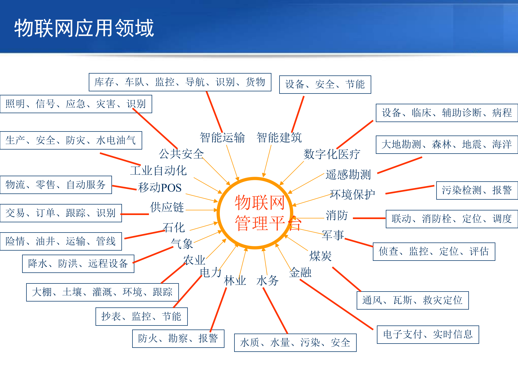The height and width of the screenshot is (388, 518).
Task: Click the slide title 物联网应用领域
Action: [x=84, y=28]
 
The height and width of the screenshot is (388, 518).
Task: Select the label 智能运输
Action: [x=222, y=137]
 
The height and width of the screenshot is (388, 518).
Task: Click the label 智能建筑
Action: [x=279, y=137]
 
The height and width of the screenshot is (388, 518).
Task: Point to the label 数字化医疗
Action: [x=332, y=154]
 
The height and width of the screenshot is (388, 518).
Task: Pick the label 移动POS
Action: [x=160, y=188]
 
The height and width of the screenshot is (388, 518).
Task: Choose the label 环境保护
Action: [x=352, y=194]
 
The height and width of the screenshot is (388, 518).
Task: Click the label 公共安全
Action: [x=181, y=154]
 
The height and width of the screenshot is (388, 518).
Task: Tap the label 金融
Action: [x=300, y=272]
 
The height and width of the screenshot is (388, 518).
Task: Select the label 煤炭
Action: [x=321, y=256]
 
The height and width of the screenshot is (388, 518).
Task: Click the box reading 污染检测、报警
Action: [x=477, y=190]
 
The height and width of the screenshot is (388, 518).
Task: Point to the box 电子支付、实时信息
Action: [x=428, y=334]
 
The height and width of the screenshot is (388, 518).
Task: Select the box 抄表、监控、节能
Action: [x=141, y=316]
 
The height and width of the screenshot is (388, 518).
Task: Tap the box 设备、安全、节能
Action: [x=325, y=84]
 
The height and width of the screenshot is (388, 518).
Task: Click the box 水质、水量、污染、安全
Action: [x=295, y=342]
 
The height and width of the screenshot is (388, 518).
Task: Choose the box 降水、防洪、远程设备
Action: [x=78, y=264]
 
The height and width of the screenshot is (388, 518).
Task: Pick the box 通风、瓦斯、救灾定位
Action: [x=412, y=300]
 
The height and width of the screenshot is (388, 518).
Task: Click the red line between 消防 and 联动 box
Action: [x=369, y=218]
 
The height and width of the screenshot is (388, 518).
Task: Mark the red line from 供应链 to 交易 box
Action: [x=135, y=214]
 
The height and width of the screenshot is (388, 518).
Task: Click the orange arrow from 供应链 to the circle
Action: [x=201, y=210]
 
